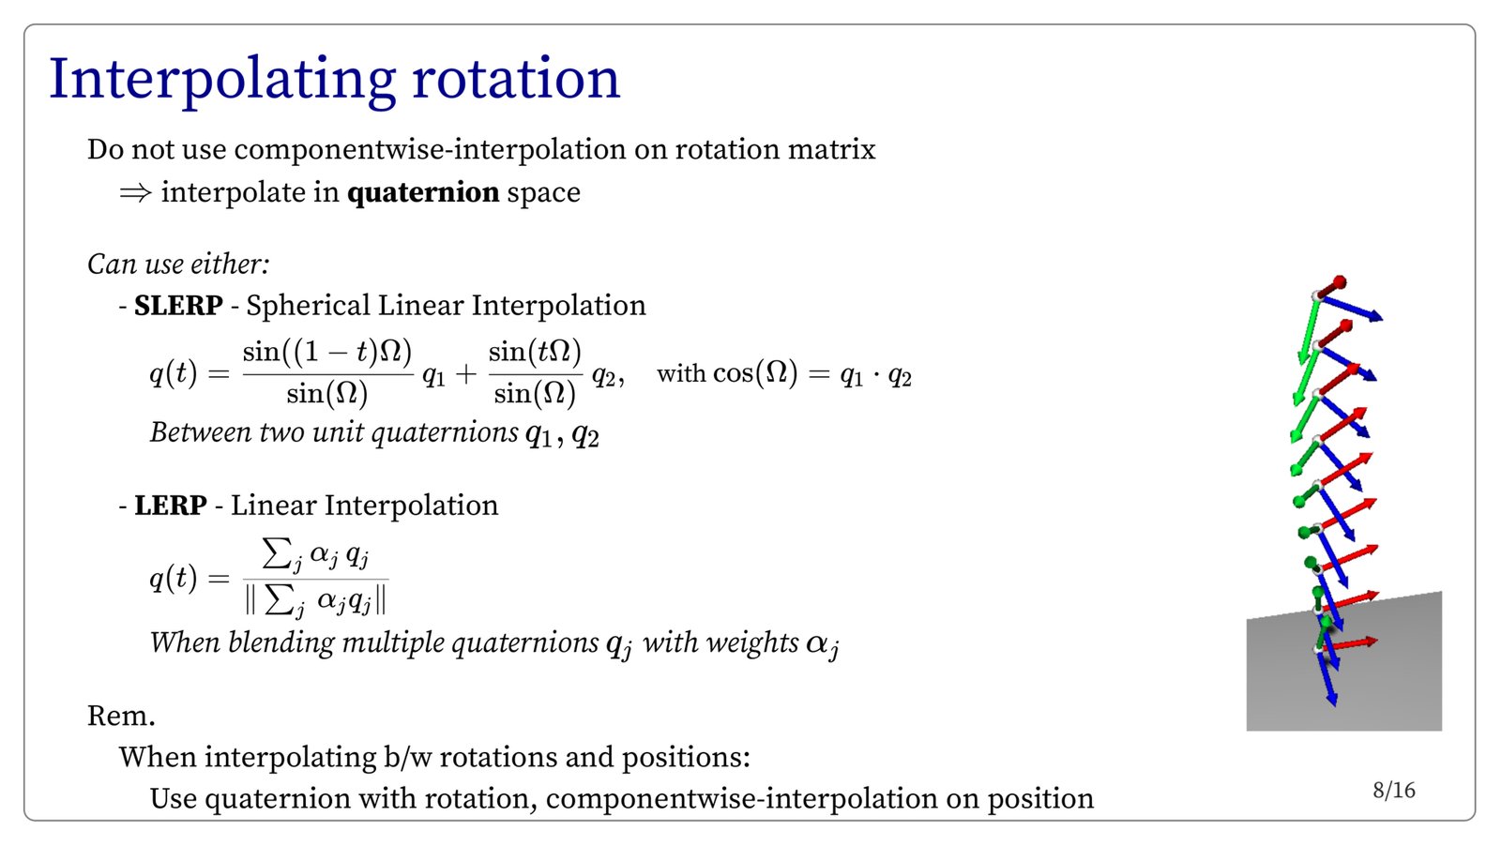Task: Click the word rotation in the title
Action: pos(516,79)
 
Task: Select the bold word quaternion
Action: pos(423,193)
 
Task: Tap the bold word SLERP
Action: pos(178,306)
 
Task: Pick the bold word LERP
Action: pos(170,505)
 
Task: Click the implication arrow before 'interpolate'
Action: pos(135,193)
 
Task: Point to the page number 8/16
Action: pos(1394,791)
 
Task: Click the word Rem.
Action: pos(121,716)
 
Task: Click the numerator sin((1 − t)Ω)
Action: pos(327,352)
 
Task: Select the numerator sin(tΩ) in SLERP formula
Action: pos(535,352)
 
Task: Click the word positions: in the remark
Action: pos(686,758)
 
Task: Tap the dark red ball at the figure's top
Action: pos(1340,282)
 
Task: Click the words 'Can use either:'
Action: pos(178,264)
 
